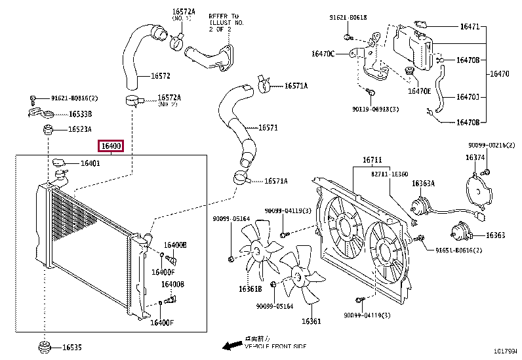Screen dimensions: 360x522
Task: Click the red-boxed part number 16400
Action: point(111,146)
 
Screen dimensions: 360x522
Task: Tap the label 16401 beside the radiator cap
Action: point(90,163)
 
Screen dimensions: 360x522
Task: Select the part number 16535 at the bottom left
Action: point(73,348)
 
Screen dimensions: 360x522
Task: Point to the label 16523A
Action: point(80,129)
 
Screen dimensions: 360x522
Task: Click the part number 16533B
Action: point(80,113)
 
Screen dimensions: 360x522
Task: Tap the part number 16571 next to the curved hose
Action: point(268,128)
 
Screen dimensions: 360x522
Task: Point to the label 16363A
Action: point(423,184)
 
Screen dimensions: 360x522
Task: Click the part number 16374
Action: point(475,157)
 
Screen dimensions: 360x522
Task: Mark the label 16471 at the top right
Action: point(470,27)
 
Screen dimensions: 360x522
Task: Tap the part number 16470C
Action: point(323,53)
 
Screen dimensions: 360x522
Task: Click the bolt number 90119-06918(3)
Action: point(375,109)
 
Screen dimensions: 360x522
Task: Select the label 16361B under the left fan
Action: point(249,289)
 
